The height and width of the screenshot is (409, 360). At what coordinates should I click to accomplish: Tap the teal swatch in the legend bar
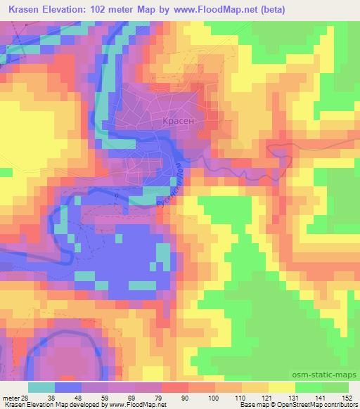pos(41,387)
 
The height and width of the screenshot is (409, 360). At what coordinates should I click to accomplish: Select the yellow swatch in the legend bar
pos(282,387)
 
